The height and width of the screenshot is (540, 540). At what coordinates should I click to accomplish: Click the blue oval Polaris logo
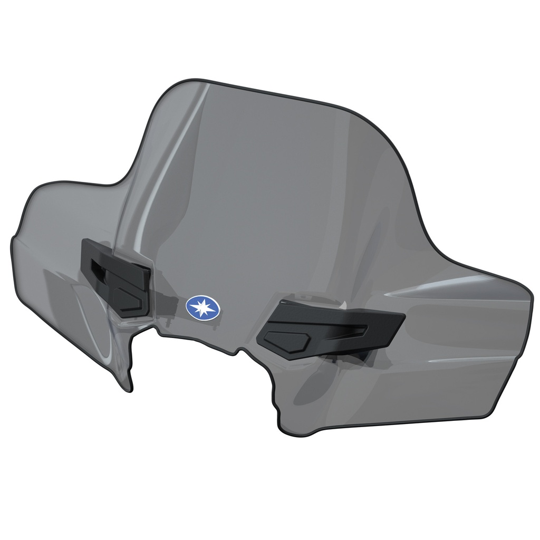[202, 307]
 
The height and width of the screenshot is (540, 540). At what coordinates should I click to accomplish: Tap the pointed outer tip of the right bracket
[403, 316]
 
